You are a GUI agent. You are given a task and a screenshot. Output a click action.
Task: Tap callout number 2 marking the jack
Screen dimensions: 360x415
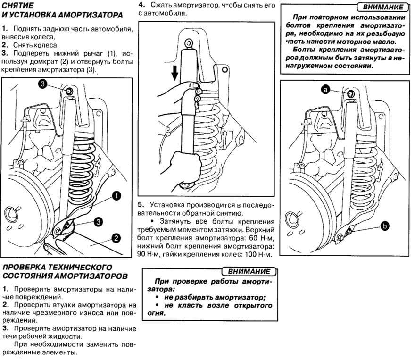pos(116,238)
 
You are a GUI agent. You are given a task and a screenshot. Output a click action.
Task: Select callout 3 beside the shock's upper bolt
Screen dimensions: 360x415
pos(42,84)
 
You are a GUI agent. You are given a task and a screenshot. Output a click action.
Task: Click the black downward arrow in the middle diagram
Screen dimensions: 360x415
pos(174,73)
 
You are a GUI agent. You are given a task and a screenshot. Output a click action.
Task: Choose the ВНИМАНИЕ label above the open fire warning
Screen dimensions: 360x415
pos(249,271)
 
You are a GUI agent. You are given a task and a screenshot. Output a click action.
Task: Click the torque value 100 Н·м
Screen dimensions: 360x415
pos(260,255)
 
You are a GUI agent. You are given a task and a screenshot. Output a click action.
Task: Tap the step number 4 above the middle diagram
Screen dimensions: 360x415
pos(141,4)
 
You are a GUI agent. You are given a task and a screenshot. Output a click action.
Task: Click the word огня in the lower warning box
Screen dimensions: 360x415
pos(163,313)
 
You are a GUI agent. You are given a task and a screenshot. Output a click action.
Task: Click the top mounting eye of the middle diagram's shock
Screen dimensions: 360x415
pos(189,41)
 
